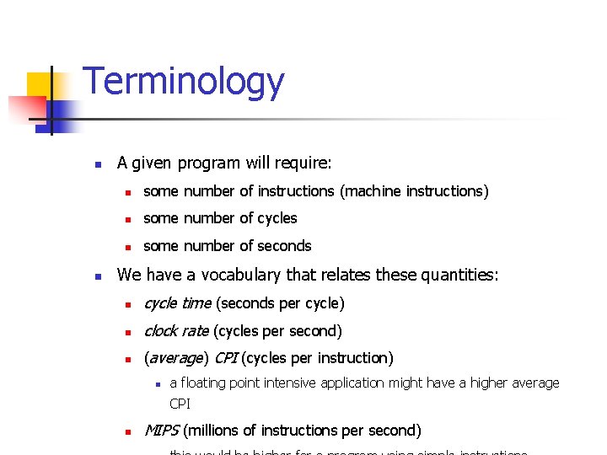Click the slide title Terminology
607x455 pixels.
[184, 83]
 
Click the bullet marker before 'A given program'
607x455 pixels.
[98, 163]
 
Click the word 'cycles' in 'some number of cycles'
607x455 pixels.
[275, 218]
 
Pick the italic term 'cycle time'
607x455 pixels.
[177, 303]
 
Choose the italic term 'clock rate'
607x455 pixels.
[176, 331]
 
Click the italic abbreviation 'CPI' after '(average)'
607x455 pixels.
[225, 358]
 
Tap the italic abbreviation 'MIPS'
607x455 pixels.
[161, 431]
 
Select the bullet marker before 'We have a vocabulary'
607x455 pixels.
[98, 276]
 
